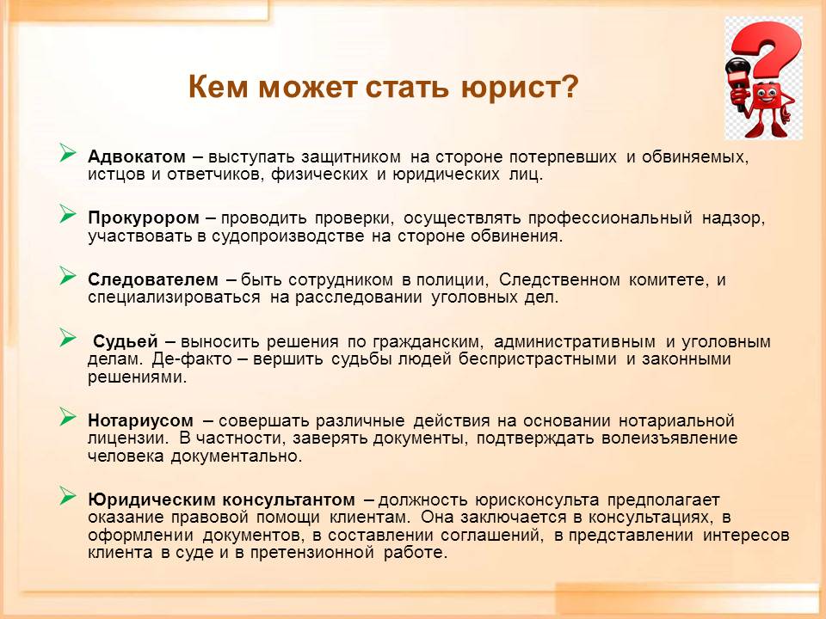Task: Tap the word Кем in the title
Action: [x=218, y=87]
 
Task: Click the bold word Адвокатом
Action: [x=137, y=156]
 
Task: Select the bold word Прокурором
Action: [x=144, y=218]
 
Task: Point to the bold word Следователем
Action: [x=153, y=279]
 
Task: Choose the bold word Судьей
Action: [x=126, y=341]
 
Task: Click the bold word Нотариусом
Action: [x=140, y=420]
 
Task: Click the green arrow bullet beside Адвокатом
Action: [x=67, y=153]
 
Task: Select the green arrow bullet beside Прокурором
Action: [x=67, y=214]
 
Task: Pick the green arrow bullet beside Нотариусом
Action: [x=67, y=416]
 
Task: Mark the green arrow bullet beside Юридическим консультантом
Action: [x=67, y=495]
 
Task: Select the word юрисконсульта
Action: [x=536, y=500]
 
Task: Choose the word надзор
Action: [x=733, y=218]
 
